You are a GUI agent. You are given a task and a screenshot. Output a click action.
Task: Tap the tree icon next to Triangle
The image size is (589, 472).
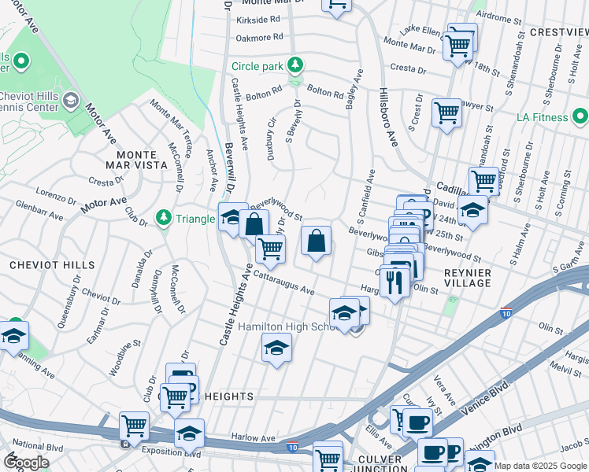coord(164,216)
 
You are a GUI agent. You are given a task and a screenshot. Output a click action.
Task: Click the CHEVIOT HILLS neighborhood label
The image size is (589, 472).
coord(52,266)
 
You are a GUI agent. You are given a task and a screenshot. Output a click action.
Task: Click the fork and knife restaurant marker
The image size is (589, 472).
coord(393,281)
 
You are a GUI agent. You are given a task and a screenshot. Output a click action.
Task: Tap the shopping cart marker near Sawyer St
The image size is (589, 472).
coord(446,113)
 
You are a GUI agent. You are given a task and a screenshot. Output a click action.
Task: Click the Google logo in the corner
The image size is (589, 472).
coord(27,463)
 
